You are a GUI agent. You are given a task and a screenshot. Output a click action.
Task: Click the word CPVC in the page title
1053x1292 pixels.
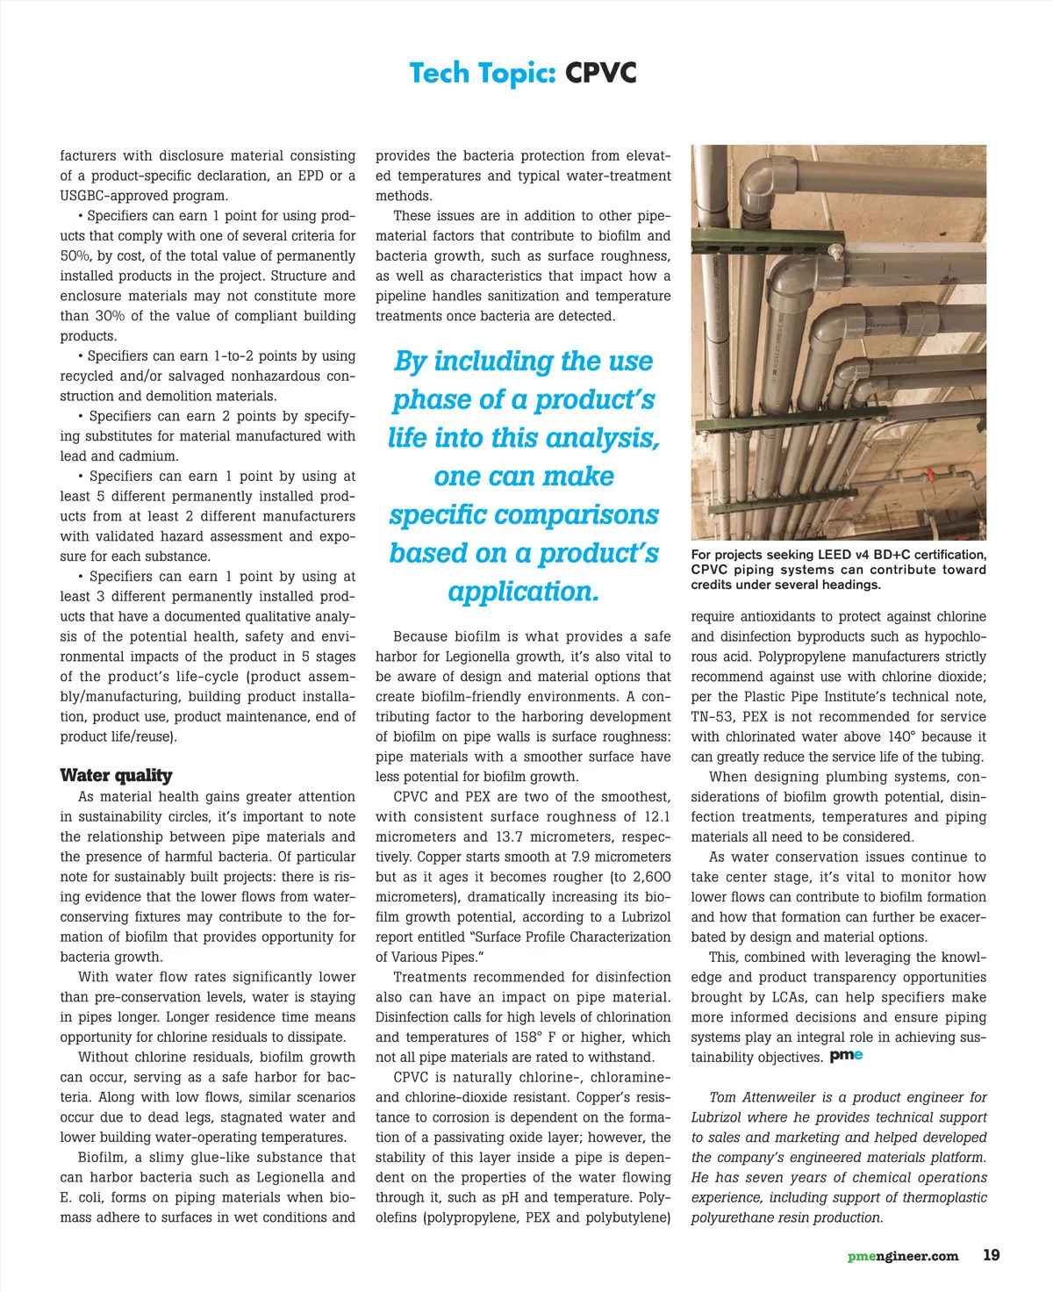click(600, 73)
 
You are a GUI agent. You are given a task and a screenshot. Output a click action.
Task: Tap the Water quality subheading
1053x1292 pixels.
click(116, 775)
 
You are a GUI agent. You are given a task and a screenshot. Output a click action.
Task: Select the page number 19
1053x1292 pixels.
click(991, 1255)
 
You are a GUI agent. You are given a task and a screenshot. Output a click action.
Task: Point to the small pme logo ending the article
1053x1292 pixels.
click(846, 1056)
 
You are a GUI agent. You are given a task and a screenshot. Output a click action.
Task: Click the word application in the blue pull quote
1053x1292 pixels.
click(523, 592)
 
